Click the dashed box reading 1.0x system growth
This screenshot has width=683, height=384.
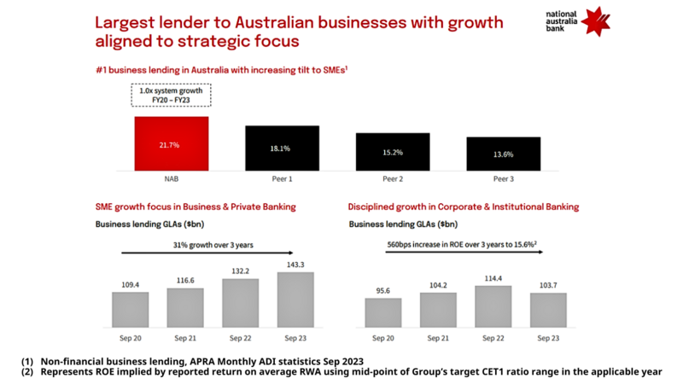click(x=171, y=94)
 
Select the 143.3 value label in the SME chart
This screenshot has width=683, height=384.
click(x=295, y=265)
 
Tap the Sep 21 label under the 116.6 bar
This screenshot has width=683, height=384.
click(x=184, y=338)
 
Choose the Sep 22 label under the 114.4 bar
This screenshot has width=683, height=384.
click(x=491, y=338)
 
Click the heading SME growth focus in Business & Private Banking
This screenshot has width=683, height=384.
click(x=195, y=207)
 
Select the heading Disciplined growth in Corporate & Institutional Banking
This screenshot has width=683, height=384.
click(x=464, y=207)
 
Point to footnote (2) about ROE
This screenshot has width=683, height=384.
click(x=341, y=371)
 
